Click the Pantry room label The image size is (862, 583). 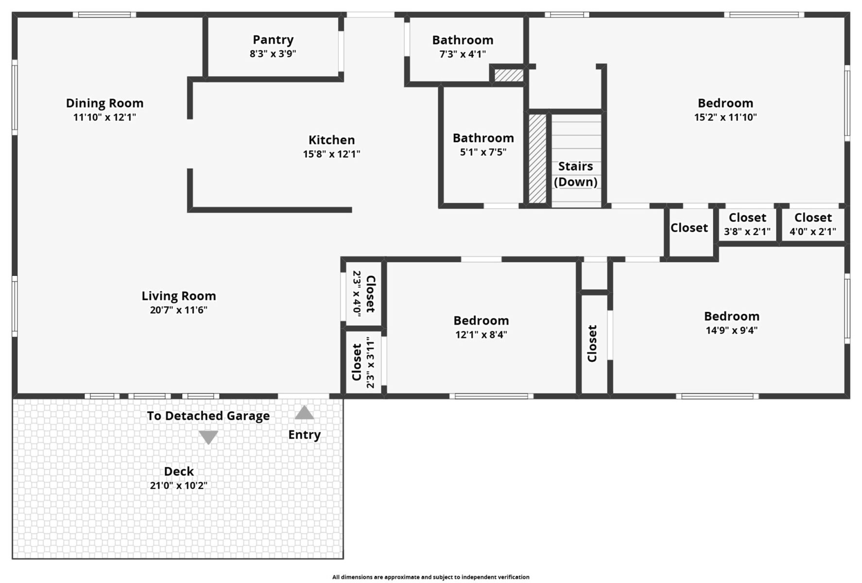tap(273, 40)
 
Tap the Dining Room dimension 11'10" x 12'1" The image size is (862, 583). tap(104, 117)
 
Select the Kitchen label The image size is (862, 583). tap(331, 140)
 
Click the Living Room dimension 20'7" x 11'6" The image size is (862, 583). tap(178, 310)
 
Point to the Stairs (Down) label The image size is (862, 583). tap(575, 174)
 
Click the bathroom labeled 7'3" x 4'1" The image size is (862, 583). tap(463, 46)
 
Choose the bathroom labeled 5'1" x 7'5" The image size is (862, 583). tap(483, 144)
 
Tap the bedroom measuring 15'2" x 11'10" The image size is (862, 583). tap(725, 109)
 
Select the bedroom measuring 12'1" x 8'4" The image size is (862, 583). tap(481, 327)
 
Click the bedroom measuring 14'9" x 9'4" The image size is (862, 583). tap(731, 323)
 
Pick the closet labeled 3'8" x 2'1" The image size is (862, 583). tap(747, 224)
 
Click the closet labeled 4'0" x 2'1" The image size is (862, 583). tap(812, 224)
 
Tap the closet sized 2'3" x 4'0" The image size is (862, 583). tap(363, 293)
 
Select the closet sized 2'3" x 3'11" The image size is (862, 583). tap(363, 362)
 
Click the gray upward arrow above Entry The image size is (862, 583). tap(304, 413)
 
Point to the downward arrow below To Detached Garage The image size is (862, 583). tap(208, 437)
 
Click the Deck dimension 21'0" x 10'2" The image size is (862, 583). tap(178, 485)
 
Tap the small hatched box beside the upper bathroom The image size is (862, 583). tap(509, 75)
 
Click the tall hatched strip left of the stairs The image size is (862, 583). tap(537, 158)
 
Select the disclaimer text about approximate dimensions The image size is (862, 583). tap(431, 577)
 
